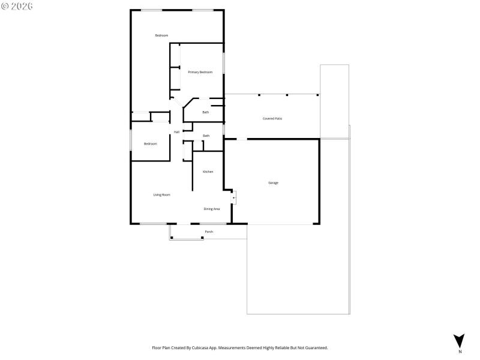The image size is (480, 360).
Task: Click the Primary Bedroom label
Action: pyautogui.click(x=200, y=72)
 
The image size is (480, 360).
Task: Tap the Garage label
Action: pyautogui.click(x=273, y=182)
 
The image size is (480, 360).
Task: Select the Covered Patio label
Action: pyautogui.click(x=272, y=119)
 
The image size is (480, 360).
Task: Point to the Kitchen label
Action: pyautogui.click(x=208, y=172)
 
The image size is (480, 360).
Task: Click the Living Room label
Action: pyautogui.click(x=161, y=194)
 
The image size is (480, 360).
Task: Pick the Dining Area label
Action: pyautogui.click(x=211, y=209)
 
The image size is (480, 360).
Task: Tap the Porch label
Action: pyautogui.click(x=209, y=232)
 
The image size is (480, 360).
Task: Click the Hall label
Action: pyautogui.click(x=176, y=132)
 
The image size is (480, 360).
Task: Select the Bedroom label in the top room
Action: pyautogui.click(x=161, y=35)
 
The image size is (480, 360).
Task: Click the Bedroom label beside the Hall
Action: pyautogui.click(x=150, y=143)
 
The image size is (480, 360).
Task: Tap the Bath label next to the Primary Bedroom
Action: pyautogui.click(x=205, y=112)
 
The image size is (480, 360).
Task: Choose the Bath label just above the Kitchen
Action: pyautogui.click(x=206, y=136)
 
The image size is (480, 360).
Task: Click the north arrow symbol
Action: pyautogui.click(x=459, y=340)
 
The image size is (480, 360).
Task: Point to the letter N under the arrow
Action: pyautogui.click(x=460, y=352)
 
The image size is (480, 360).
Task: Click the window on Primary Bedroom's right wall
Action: pyautogui.click(x=223, y=64)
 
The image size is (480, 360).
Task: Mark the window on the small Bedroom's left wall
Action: pyautogui.click(x=131, y=139)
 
